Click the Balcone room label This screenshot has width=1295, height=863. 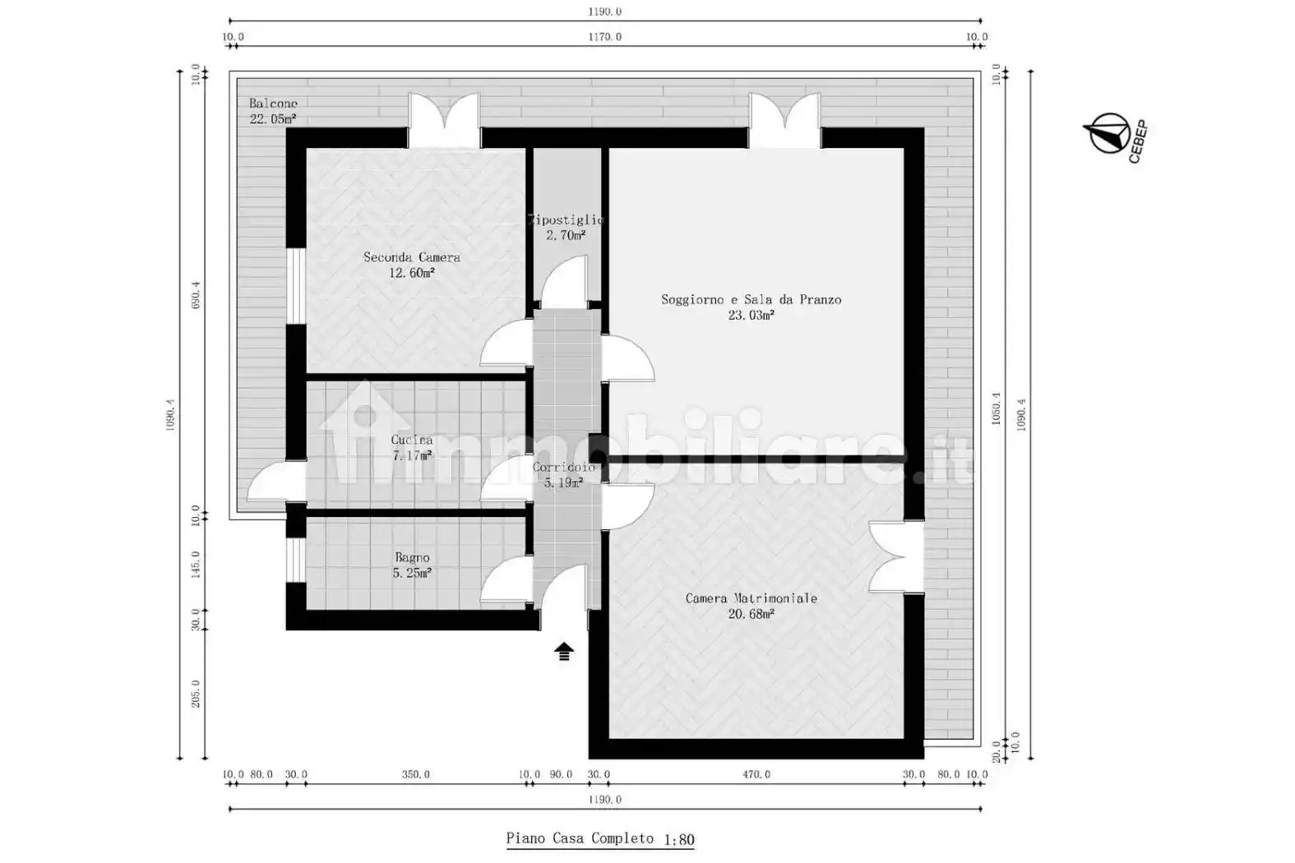(x=273, y=104)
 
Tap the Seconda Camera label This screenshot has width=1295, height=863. (x=411, y=257)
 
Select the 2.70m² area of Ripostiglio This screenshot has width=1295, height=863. (x=566, y=236)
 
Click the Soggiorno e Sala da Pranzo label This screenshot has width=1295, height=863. (x=751, y=300)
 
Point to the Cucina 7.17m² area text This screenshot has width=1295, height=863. (x=412, y=455)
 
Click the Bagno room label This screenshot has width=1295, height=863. (x=412, y=558)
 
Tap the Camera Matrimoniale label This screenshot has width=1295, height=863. (x=751, y=598)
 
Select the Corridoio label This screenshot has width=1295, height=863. (x=563, y=468)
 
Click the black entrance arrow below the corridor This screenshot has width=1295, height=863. (x=563, y=652)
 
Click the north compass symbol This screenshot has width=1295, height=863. (x=1107, y=134)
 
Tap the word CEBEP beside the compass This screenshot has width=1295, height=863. (x=1137, y=143)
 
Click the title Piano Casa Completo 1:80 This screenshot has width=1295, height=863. (x=599, y=839)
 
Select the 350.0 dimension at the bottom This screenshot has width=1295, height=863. (x=415, y=774)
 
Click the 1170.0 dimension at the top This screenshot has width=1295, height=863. (x=604, y=37)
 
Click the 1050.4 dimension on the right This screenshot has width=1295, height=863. (x=996, y=408)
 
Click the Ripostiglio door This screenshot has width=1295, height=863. (x=566, y=280)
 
